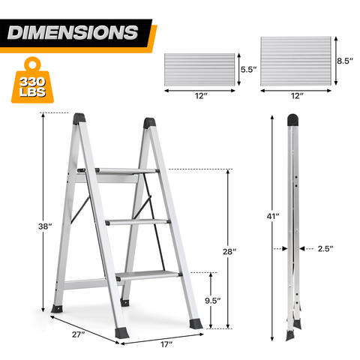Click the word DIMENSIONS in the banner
[73, 32]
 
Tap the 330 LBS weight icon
[32, 80]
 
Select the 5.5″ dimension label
[248, 69]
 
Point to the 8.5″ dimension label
[345, 61]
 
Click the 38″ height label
[45, 226]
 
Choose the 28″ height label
[229, 251]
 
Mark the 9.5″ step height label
[213, 301]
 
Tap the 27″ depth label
[79, 334]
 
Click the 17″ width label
[166, 344]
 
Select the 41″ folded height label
[273, 216]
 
